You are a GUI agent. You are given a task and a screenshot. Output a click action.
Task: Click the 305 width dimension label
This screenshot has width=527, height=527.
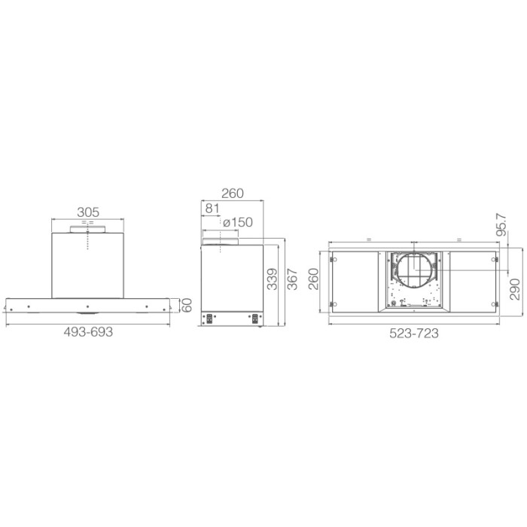(x=89, y=213)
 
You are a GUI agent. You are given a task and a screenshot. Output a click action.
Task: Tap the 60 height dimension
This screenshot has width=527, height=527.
(x=187, y=306)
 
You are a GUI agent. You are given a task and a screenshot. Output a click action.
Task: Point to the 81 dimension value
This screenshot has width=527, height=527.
(x=212, y=208)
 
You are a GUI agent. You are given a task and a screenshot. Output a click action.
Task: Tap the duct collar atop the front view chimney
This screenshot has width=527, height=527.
(x=87, y=228)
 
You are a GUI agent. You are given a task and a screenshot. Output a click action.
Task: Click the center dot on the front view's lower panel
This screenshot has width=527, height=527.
(x=88, y=306)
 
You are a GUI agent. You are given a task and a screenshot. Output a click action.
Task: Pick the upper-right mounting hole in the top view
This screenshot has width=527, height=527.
(x=495, y=260)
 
